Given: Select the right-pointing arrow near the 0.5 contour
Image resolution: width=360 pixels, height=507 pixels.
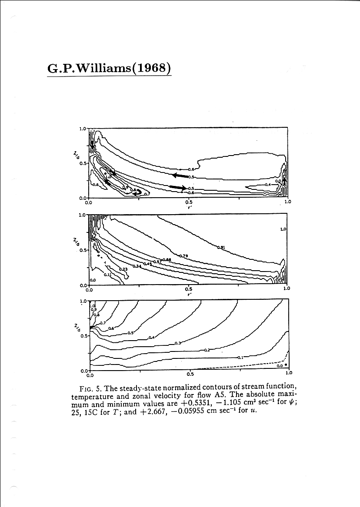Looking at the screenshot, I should [x=178, y=187].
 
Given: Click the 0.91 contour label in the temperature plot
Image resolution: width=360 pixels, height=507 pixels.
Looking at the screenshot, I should [x=220, y=247].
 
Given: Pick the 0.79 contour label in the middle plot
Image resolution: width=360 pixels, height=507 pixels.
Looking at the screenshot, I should [x=183, y=256].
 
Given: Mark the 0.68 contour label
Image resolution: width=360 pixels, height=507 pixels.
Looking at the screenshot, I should [x=167, y=259].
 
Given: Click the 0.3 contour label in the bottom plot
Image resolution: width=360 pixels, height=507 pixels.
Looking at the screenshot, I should [x=178, y=343].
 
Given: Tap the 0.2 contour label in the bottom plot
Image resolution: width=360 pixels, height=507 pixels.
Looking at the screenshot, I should [x=207, y=350].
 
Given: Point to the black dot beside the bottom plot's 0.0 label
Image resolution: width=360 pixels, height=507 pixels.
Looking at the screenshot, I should [x=286, y=365].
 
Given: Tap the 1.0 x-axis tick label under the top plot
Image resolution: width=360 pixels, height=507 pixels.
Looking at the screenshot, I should [x=287, y=202].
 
